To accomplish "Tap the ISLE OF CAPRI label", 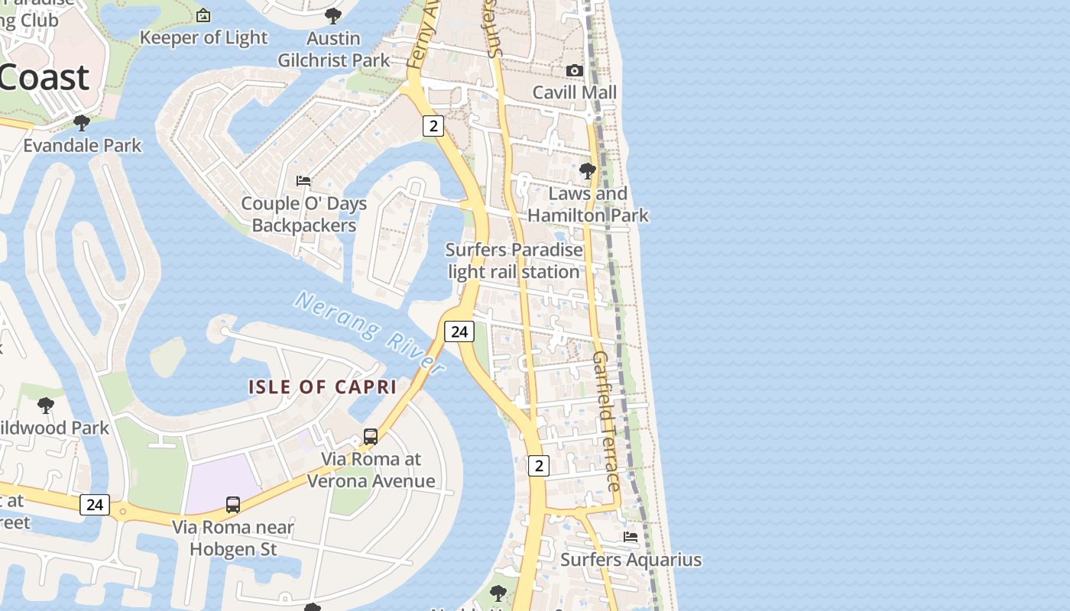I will tap(323, 386).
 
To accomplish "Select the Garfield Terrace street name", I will tap(606, 421).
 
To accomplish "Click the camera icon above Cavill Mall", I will tap(574, 71).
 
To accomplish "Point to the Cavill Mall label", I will tap(574, 92).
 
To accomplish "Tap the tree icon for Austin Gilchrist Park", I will tap(332, 15).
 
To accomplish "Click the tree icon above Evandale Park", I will tap(81, 122).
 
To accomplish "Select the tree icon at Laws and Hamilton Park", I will tap(587, 171).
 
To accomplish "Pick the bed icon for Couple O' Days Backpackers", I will tap(303, 181).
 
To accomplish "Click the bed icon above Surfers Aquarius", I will tap(631, 537).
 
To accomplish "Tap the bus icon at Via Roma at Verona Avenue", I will tap(371, 437).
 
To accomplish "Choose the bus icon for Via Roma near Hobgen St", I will tap(233, 505).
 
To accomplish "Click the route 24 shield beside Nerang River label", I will tap(459, 331).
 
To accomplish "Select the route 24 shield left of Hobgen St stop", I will tap(95, 504).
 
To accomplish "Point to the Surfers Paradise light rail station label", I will tap(514, 260).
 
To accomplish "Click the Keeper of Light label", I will tap(203, 37).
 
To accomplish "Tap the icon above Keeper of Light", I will tap(203, 15).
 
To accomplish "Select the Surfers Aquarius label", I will tap(631, 560).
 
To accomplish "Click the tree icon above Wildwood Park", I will tap(46, 405).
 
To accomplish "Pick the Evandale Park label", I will tap(83, 145).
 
